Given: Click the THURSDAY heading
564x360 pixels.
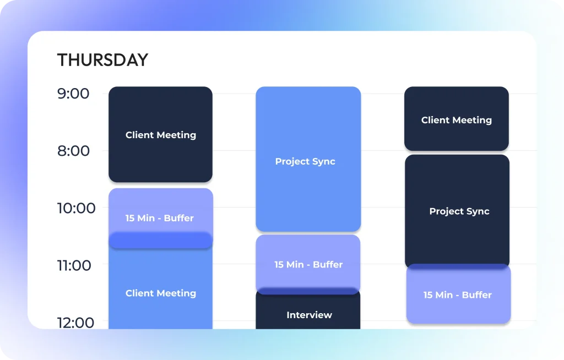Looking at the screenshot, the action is pos(102,59).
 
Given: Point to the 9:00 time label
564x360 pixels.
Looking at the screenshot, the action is pos(73,94).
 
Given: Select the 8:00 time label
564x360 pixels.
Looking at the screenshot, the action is pos(73,151).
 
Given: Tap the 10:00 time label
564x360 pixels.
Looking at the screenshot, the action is pos(76,208).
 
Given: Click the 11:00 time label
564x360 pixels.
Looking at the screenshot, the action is pos(74,265).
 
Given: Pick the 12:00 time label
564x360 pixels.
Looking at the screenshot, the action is pos(75,322).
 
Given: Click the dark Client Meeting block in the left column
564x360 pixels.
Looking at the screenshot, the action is pos(160,134).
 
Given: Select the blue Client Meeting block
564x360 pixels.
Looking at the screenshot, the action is pos(160,288).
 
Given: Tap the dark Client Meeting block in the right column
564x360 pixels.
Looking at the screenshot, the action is pos(457,118).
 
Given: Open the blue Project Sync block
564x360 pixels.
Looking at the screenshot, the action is pos(308,159).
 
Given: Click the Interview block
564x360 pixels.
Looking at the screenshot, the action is pos(308,312).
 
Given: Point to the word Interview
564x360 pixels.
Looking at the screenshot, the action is pos(310,315).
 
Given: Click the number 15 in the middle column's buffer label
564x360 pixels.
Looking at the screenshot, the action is pos(279,265).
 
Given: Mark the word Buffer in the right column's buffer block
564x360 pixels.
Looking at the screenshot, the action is pos(476,295).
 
